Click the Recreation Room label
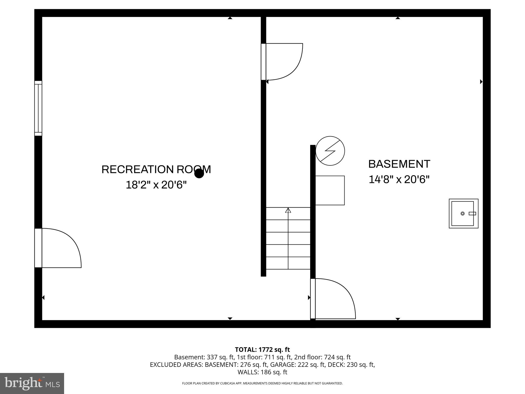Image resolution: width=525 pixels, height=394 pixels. click(x=156, y=170)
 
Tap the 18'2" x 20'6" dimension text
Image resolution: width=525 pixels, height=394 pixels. click(x=156, y=185)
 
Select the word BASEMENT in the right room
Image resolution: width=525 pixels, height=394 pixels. click(x=399, y=164)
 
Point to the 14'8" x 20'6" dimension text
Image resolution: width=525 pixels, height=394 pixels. click(x=399, y=179)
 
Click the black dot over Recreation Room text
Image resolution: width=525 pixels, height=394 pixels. click(x=199, y=174)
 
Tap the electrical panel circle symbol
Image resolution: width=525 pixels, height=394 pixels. click(x=330, y=151)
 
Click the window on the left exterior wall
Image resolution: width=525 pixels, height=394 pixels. click(x=38, y=108)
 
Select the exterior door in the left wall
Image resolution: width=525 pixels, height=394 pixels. click(x=38, y=248)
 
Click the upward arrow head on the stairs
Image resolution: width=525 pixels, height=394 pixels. click(x=288, y=210)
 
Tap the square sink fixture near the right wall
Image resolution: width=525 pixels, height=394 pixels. click(x=463, y=213)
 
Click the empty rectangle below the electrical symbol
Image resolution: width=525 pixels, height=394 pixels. click(x=330, y=190)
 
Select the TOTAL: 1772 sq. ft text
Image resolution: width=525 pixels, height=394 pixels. click(x=262, y=350)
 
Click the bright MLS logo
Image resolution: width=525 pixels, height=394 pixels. click(x=32, y=383)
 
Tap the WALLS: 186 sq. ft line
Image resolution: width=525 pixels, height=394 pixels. click(x=262, y=372)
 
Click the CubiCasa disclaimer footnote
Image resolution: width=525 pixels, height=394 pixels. click(x=262, y=383)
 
